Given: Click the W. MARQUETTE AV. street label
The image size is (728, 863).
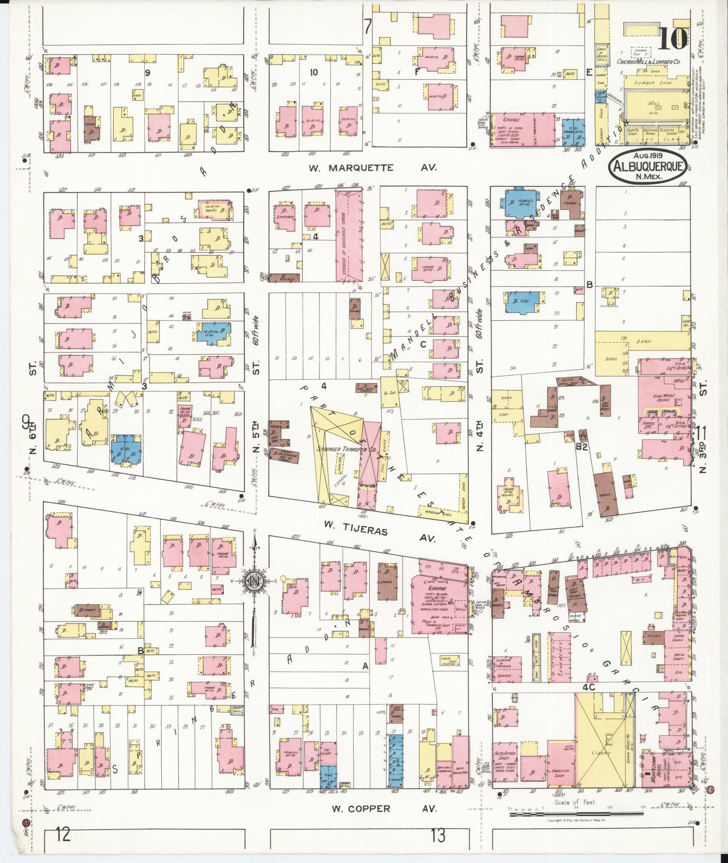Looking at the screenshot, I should click(372, 168).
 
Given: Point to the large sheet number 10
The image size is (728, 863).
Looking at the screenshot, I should click(672, 39).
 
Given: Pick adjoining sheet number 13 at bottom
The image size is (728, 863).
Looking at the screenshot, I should click(437, 835).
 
